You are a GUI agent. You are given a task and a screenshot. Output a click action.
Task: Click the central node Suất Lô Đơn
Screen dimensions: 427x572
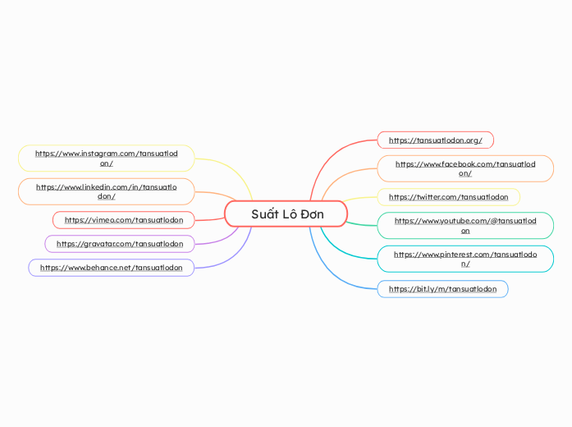point(286,214)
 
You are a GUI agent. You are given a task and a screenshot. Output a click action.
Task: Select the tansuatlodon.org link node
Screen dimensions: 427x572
point(435,140)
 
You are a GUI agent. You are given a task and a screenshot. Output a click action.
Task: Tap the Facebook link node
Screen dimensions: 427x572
point(464,168)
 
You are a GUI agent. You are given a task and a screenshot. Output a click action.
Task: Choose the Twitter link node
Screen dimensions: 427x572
point(448,197)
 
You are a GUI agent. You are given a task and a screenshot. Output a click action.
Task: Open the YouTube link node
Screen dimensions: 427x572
point(464,225)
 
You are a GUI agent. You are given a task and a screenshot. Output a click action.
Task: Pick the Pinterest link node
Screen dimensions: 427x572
point(464,259)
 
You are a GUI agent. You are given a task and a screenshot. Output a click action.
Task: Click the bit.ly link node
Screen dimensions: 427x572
point(442,289)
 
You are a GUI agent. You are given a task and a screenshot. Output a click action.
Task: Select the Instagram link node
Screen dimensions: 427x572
point(106,158)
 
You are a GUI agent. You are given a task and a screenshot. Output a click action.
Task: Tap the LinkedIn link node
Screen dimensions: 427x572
point(106,191)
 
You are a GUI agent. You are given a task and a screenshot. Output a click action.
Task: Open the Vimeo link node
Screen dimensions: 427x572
point(123,220)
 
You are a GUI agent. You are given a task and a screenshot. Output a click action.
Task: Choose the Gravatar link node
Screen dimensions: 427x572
point(120,244)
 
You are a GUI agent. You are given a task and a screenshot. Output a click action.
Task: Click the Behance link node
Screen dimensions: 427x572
point(111,268)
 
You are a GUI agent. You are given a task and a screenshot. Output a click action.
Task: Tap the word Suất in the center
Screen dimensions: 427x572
point(264,214)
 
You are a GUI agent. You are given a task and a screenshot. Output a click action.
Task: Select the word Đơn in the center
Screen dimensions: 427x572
point(312,214)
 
